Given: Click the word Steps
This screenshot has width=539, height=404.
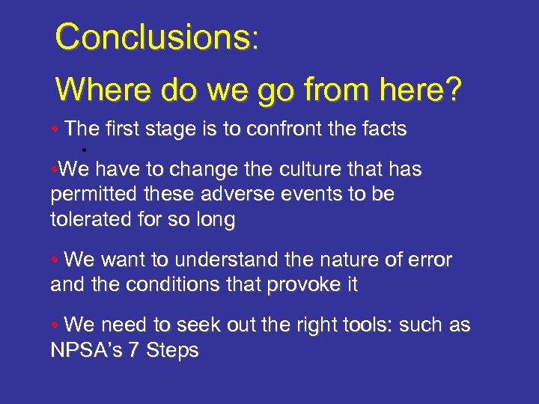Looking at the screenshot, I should (x=172, y=351).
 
